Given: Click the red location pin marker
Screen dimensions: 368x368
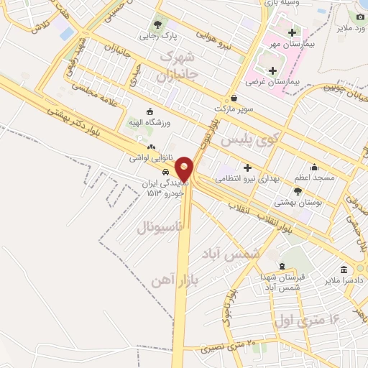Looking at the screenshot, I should (x=185, y=169).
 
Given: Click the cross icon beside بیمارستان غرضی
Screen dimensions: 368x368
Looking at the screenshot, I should (x=272, y=70).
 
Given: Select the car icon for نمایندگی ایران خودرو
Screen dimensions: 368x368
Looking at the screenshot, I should (x=166, y=172).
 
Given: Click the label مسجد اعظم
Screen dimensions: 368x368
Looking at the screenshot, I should (x=311, y=176).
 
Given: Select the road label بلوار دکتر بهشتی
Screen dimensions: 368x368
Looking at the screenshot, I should (x=78, y=122).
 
